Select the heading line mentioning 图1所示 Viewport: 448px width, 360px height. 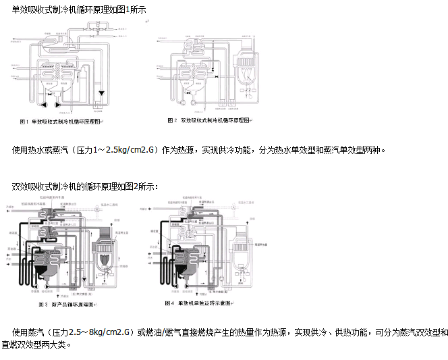click(x=78, y=9)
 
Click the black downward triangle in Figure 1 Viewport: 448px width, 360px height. click(x=101, y=93)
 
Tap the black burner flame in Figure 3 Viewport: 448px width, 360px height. click(x=105, y=259)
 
